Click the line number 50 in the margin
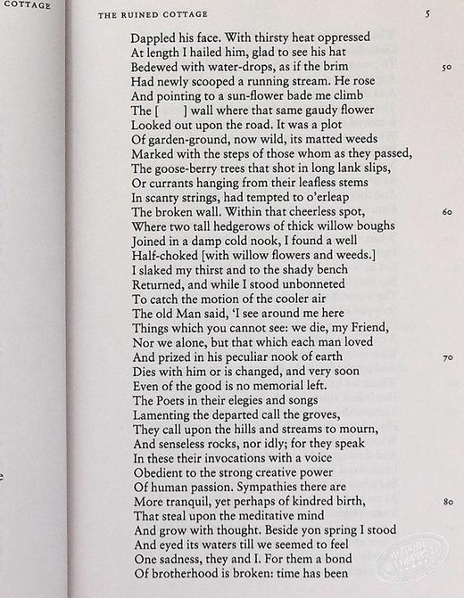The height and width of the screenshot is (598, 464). pos(447,67)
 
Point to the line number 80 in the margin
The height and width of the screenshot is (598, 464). pos(447,502)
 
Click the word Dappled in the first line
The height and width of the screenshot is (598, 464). pos(153,39)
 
